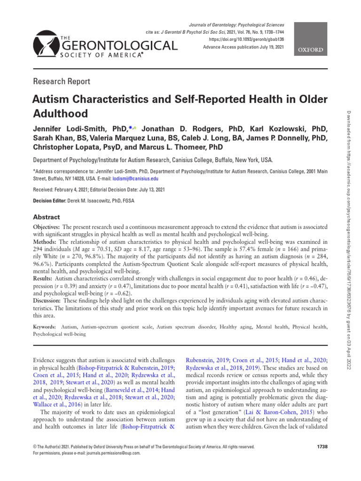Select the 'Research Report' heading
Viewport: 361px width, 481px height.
61,81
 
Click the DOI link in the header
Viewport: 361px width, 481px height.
246,39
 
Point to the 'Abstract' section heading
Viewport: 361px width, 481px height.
46,217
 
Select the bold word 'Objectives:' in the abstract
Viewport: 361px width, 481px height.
47,226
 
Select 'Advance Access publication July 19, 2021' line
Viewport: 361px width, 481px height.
244,47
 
